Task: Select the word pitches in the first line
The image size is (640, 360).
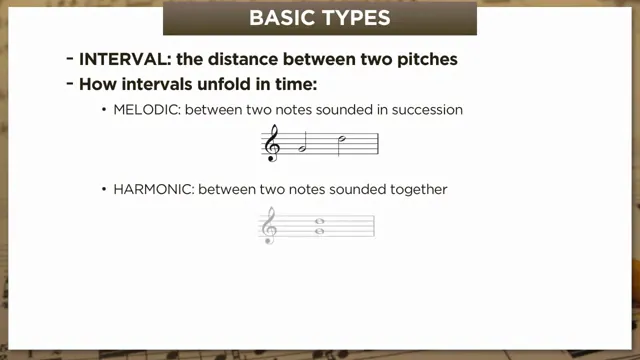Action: [424, 59]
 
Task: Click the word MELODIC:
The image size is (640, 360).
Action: [147, 110]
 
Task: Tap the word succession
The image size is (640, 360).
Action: [424, 110]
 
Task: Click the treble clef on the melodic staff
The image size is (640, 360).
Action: [272, 145]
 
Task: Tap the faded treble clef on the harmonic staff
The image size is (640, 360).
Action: [268, 226]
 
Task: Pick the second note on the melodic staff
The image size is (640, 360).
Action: [341, 139]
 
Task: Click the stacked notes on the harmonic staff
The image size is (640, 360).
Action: [319, 226]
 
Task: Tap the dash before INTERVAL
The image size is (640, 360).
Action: [68, 59]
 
